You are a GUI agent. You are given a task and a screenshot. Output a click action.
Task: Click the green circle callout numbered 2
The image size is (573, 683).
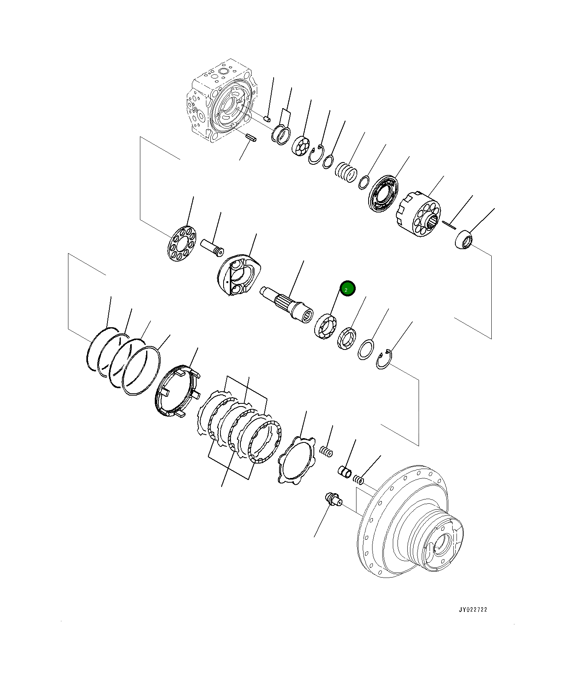tap(347, 289)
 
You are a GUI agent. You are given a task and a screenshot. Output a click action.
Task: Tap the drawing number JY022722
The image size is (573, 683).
tap(473, 621)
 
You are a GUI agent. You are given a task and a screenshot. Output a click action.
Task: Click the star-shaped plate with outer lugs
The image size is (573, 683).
tap(297, 459)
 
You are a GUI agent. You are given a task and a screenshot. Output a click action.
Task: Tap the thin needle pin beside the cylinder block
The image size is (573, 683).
tap(449, 224)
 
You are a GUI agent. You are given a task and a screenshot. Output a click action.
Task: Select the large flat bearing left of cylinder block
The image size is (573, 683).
tap(383, 195)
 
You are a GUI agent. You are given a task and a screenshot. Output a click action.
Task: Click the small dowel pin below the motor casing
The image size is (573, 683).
tap(251, 137)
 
